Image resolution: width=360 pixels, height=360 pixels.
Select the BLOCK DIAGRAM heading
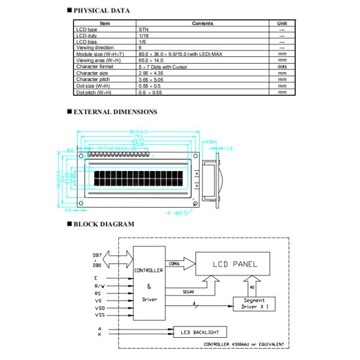pyautogui.click(x=104, y=224)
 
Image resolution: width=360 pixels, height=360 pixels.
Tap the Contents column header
pyautogui.click(x=202, y=23)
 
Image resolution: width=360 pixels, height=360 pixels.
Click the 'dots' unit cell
pyautogui.click(x=282, y=67)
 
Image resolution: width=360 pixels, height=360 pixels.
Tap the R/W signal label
pyautogui.click(x=99, y=287)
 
